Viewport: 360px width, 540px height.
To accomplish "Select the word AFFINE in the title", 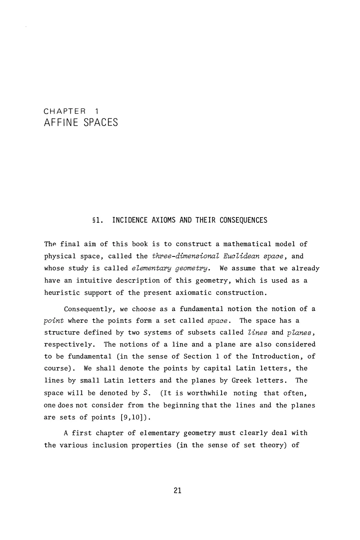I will pos(60,122).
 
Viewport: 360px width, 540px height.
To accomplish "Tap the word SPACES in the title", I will pos(101,122).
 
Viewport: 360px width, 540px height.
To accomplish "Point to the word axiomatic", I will pos(194,292).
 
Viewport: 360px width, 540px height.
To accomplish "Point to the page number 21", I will pos(178,491).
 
